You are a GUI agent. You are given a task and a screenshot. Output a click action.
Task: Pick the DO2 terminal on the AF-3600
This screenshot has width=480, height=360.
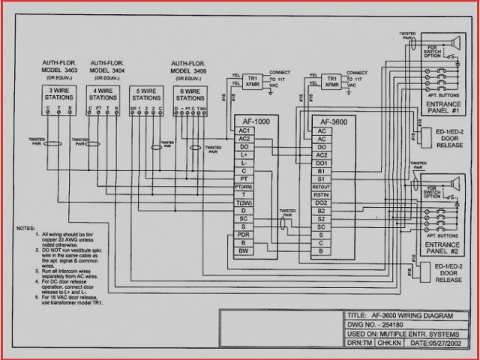coord(322,202)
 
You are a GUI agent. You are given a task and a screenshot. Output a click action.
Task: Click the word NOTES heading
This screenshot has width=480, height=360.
coord(26,226)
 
